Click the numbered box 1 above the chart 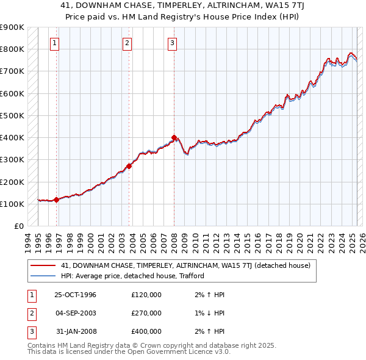55,43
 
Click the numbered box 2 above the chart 127,43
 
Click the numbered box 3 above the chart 173,43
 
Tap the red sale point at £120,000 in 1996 57,200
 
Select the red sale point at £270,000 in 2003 129,166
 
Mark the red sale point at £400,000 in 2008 174,137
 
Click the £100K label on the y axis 12,204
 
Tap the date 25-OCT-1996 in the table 75,295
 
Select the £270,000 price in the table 146,313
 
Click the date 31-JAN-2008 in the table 75,331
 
